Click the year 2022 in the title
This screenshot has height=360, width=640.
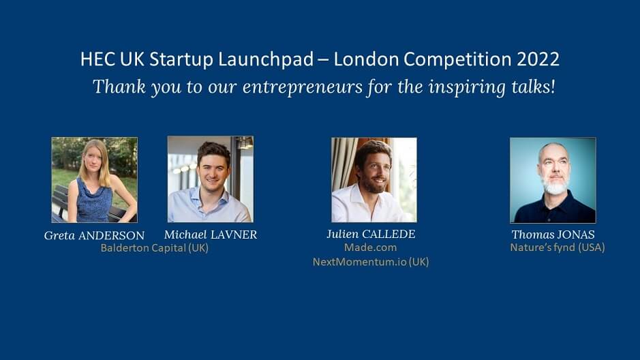(x=539, y=59)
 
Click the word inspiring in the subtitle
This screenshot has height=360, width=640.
(x=451, y=87)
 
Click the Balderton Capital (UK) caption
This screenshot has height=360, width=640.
(x=154, y=248)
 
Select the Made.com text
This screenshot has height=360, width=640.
(x=370, y=247)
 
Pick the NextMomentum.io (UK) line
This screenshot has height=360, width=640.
(x=370, y=262)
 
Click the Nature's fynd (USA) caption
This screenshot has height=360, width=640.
(x=557, y=247)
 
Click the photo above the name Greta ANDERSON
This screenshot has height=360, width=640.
(x=94, y=180)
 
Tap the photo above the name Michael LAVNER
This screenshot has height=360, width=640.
(x=210, y=179)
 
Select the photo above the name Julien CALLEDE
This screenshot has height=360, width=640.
(x=374, y=180)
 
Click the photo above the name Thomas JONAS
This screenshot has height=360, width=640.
(x=552, y=180)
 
